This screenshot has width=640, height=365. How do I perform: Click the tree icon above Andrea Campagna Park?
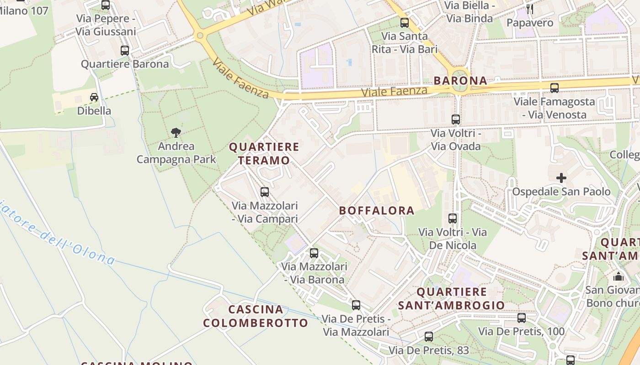click(x=176, y=133)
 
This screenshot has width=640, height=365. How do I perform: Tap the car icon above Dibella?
click(x=94, y=97)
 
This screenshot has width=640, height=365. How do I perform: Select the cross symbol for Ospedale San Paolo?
click(x=561, y=177)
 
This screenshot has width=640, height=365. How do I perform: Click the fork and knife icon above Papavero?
click(x=530, y=9)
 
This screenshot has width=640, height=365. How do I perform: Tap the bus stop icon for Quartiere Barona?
click(x=125, y=51)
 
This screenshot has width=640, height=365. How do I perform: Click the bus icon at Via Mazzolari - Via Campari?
click(x=265, y=192)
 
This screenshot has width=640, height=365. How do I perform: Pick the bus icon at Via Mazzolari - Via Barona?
click(x=314, y=253)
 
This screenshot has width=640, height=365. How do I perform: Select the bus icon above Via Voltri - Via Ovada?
click(x=456, y=120)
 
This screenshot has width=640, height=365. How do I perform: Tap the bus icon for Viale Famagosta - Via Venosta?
click(x=555, y=88)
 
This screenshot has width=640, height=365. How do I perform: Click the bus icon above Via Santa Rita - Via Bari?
click(x=405, y=22)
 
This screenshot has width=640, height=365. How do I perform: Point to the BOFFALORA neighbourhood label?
click(x=377, y=211)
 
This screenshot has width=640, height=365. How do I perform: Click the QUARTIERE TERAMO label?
click(x=264, y=154)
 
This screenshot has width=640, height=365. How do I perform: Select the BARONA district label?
click(x=460, y=81)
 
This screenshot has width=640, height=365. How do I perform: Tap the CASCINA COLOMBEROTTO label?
click(x=256, y=316)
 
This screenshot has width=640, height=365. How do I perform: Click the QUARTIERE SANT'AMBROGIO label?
click(x=451, y=298)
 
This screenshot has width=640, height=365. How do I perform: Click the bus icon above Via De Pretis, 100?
click(x=522, y=318)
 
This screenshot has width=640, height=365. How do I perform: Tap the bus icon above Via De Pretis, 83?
click(x=429, y=337)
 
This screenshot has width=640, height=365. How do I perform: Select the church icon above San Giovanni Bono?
click(x=619, y=276)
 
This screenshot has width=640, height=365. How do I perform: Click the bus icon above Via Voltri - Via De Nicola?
click(x=453, y=219)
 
